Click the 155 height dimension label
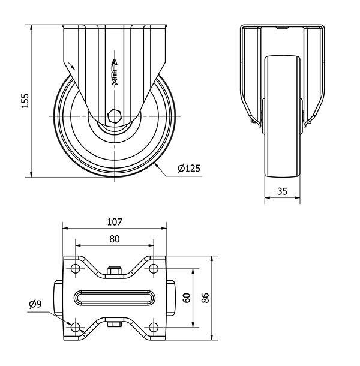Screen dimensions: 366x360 tap(25, 101)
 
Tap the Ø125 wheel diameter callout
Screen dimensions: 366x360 tap(189, 169)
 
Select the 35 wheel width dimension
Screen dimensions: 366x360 tap(283, 191)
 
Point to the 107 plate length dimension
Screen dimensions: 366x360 tap(115, 221)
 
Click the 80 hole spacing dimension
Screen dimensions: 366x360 tap(115, 238)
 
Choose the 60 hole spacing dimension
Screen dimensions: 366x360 tap(186, 298)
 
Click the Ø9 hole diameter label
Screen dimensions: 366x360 tap(35, 304)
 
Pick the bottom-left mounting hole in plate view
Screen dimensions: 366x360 tap(76, 327)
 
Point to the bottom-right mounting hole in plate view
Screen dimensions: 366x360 tap(154, 327)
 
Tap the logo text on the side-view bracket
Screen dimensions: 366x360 tap(115, 73)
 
